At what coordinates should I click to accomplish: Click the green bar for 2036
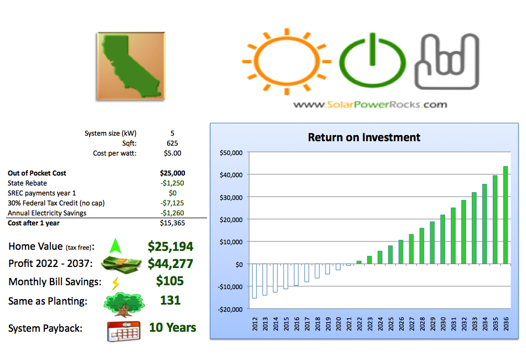pyautogui.click(x=505, y=215)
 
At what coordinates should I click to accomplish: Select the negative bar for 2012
pyautogui.click(x=254, y=281)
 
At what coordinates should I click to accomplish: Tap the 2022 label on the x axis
pyautogui.click(x=359, y=324)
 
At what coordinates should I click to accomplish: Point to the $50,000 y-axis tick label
pyautogui.click(x=231, y=153)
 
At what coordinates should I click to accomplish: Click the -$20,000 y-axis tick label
pyautogui.click(x=230, y=310)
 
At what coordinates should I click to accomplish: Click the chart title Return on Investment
pyautogui.click(x=364, y=137)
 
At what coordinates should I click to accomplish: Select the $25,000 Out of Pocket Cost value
pyautogui.click(x=172, y=173)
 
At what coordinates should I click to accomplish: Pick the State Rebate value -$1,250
pyautogui.click(x=172, y=183)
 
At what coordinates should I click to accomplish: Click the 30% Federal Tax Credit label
pyautogui.click(x=56, y=203)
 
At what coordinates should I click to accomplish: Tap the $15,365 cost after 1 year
pyautogui.click(x=172, y=223)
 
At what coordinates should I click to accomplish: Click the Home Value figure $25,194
pyautogui.click(x=171, y=246)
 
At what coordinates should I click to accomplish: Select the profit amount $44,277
pyautogui.click(x=171, y=264)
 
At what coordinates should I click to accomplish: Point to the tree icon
pyautogui.click(x=124, y=304)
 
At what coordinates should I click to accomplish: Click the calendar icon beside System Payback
pyautogui.click(x=124, y=331)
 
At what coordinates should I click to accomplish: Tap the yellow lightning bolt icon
pyautogui.click(x=115, y=284)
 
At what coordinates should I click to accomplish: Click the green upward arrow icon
pyautogui.click(x=115, y=246)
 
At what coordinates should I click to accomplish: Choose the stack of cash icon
pyautogui.click(x=121, y=264)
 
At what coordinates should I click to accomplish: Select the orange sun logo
pyautogui.click(x=287, y=61)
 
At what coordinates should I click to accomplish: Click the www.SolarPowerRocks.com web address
pyautogui.click(x=370, y=105)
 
